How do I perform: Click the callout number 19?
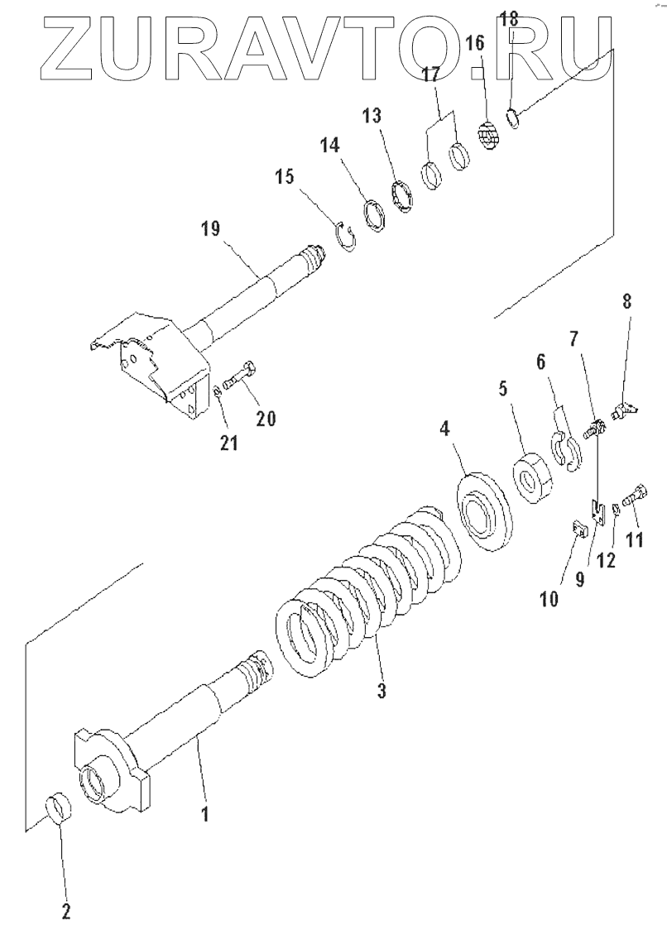(210, 229)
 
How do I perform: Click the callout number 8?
(626, 300)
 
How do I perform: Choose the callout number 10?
(549, 598)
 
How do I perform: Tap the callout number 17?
(431, 74)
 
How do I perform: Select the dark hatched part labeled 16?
(490, 133)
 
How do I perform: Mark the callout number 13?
(372, 115)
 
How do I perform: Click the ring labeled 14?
(376, 213)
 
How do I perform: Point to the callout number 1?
(205, 814)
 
